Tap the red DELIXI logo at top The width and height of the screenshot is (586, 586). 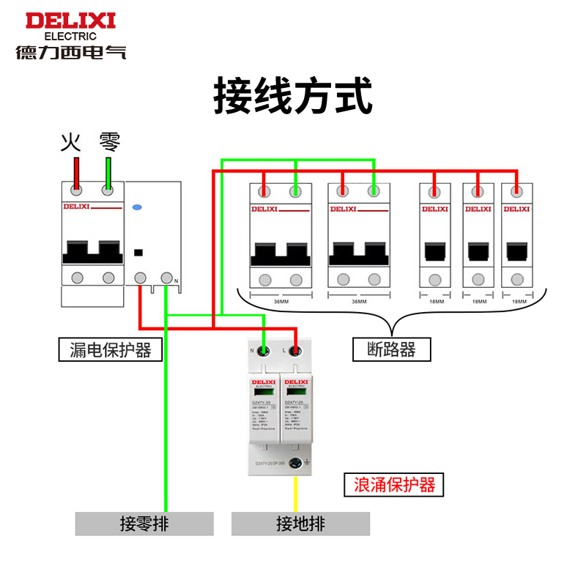pyautogui.click(x=71, y=21)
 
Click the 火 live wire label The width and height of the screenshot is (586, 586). pyautogui.click(x=70, y=141)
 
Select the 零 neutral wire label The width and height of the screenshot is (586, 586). pyautogui.click(x=109, y=141)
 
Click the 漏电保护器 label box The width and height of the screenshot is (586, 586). pyautogui.click(x=105, y=350)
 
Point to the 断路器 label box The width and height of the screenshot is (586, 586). pyautogui.click(x=391, y=349)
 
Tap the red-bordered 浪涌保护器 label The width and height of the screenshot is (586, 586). pyautogui.click(x=394, y=484)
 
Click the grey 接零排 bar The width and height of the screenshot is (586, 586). pyautogui.click(x=144, y=524)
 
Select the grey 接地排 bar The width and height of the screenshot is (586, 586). pyautogui.click(x=300, y=524)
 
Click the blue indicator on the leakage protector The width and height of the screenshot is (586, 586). pyautogui.click(x=136, y=208)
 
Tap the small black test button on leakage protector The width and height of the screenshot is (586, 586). pyautogui.click(x=138, y=253)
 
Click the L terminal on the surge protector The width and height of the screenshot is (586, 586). pyautogui.click(x=296, y=351)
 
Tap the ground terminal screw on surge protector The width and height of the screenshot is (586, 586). pyautogui.click(x=297, y=464)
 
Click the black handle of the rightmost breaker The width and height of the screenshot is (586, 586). pyautogui.click(x=518, y=252)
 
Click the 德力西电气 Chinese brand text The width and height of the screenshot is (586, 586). pyautogui.click(x=71, y=52)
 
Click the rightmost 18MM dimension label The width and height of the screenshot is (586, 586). pyautogui.click(x=518, y=301)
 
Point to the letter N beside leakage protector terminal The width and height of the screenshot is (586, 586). pyautogui.click(x=176, y=281)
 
